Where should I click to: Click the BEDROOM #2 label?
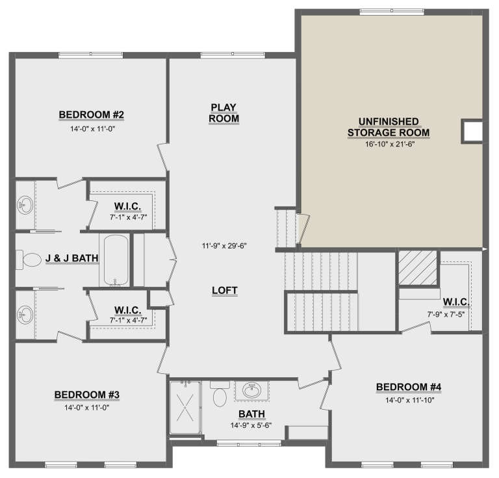[x=91, y=115]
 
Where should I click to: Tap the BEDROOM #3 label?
[x=86, y=394]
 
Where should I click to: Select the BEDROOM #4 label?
[x=409, y=388]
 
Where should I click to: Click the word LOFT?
[x=225, y=291]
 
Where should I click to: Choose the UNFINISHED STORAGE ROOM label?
[x=389, y=127]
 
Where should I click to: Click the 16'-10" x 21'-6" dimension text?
[x=389, y=144]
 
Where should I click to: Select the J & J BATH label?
[x=71, y=258]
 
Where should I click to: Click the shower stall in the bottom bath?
[x=186, y=408]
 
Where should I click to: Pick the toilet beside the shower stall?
[x=219, y=394]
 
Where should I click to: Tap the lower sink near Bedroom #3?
[x=25, y=315]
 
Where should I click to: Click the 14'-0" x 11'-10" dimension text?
[x=409, y=400]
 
